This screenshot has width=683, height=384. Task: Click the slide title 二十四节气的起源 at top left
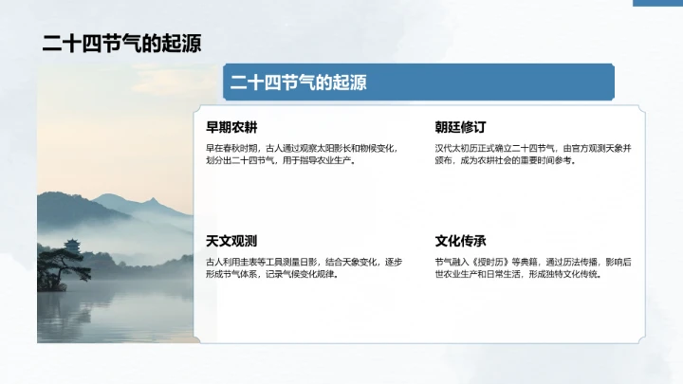[120, 45]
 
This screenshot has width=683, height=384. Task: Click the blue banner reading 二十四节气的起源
[417, 82]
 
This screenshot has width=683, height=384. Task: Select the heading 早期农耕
[231, 128]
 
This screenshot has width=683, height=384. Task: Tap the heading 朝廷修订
[461, 128]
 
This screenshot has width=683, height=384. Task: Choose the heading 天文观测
[231, 241]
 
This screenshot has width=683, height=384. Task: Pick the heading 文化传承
[461, 241]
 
